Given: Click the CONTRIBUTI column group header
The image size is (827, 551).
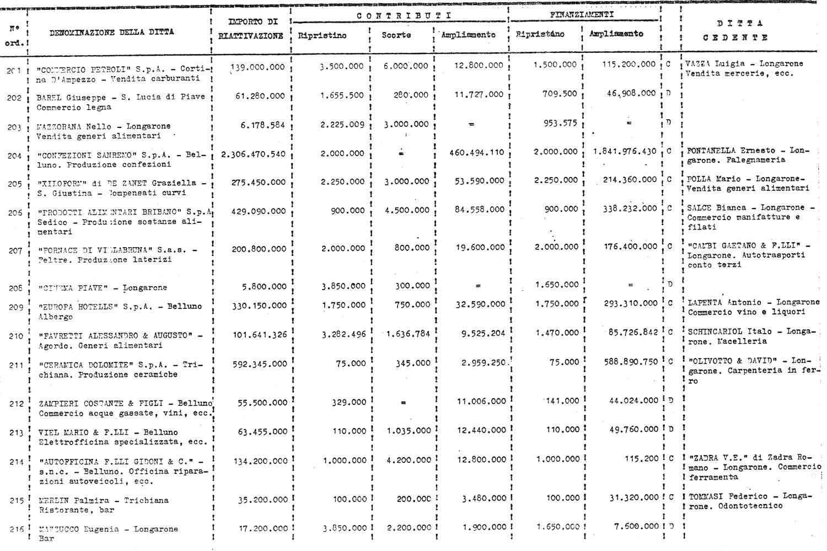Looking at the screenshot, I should (404, 15).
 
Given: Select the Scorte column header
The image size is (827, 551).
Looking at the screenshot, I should (396, 35).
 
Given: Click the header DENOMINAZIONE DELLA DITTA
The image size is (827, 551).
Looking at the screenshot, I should (112, 33).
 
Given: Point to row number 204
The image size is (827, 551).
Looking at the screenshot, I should (14, 156).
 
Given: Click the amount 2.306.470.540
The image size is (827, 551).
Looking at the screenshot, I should (253, 154).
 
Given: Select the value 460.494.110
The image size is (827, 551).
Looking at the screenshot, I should (476, 153).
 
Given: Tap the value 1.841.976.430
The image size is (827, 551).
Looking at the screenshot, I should (625, 152).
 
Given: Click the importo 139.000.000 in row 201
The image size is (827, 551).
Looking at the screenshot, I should (257, 67).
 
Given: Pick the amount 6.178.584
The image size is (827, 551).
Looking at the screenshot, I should (262, 125).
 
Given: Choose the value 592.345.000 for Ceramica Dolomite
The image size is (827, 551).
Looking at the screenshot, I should (259, 364).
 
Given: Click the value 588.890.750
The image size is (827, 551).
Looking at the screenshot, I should (631, 362).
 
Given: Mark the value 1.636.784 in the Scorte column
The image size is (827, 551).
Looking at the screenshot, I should (408, 334).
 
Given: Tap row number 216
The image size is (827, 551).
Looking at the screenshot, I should (16, 529).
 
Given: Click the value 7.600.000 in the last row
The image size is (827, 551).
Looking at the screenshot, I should (636, 527).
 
